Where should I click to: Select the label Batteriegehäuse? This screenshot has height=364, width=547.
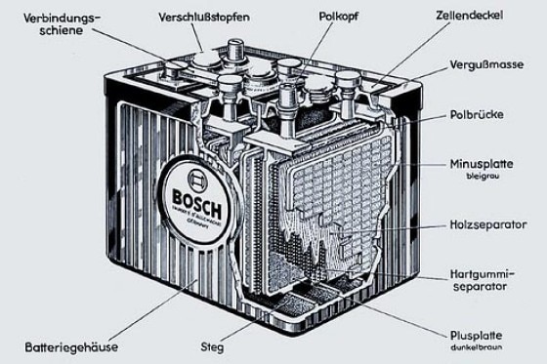click(x=73, y=344)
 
